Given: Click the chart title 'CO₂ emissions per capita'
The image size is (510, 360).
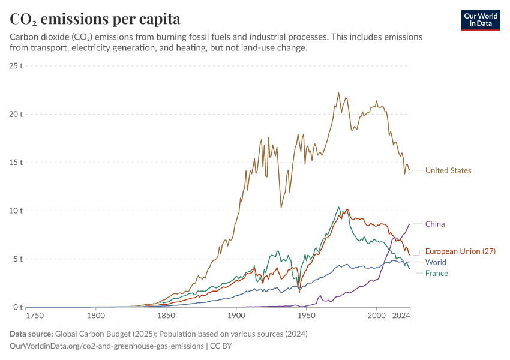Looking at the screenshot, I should click(x=95, y=19).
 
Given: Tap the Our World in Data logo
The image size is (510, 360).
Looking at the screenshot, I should click(x=480, y=20).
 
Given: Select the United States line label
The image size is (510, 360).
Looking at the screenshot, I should click(x=448, y=170).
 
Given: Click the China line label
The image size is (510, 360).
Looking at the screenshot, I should click(x=435, y=224).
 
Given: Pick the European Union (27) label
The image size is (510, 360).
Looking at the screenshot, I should click(x=460, y=251).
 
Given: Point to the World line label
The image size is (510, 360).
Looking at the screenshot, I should click(x=436, y=262).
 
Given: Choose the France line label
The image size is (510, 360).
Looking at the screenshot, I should click(x=437, y=273).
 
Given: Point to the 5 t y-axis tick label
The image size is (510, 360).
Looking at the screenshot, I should click(x=18, y=259).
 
